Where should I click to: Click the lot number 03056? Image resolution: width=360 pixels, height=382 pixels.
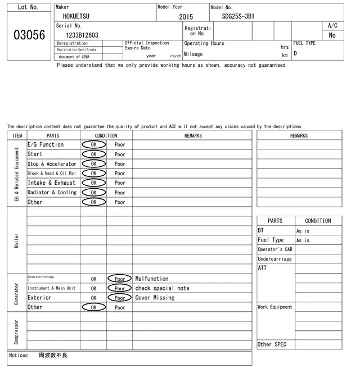pyautogui.click(x=29, y=35)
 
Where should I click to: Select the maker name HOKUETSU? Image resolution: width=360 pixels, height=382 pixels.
pyautogui.click(x=76, y=16)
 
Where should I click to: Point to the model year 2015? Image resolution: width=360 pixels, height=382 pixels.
pyautogui.click(x=186, y=17)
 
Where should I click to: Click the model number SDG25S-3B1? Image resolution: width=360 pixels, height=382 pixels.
pyautogui.click(x=235, y=16)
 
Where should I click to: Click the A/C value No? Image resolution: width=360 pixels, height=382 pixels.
pyautogui.click(x=332, y=35)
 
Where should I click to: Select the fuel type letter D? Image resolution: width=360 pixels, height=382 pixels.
pyautogui.click(x=295, y=54)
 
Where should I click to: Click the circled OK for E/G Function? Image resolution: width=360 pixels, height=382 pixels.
pyautogui.click(x=93, y=144)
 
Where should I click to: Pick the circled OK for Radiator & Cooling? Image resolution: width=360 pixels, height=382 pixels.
pyautogui.click(x=93, y=192)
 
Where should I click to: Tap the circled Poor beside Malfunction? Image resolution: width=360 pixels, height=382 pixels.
pyautogui.click(x=120, y=279)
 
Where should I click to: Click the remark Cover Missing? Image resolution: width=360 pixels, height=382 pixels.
pyautogui.click(x=155, y=298)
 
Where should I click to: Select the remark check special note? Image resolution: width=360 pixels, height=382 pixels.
pyautogui.click(x=162, y=288)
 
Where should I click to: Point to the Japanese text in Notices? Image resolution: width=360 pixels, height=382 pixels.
pyautogui.click(x=53, y=356)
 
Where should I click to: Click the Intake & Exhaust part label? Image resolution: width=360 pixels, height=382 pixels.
pyautogui.click(x=52, y=183)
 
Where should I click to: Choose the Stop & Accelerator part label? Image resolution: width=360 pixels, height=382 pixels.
pyautogui.click(x=52, y=163)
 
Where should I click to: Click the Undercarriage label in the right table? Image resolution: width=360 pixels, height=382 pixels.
pyautogui.click(x=274, y=259)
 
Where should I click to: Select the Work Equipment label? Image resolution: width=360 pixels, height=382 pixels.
pyautogui.click(x=275, y=307)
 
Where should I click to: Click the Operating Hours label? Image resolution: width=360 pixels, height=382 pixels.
pyautogui.click(x=204, y=43)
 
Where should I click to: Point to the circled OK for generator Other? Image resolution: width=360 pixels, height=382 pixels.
pyautogui.click(x=93, y=307)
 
